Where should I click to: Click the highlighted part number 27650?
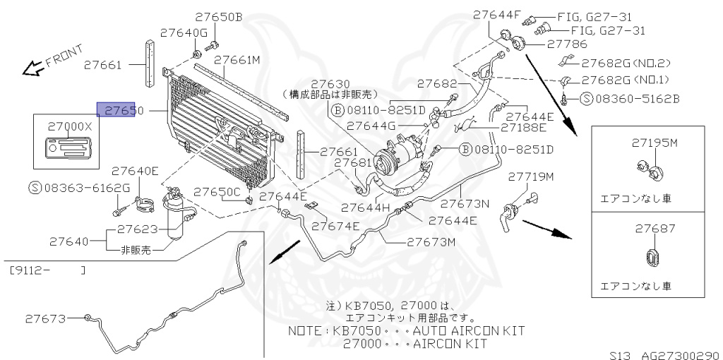tap(116, 110)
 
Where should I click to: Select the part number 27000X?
tap(70, 126)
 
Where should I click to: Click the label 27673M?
tap(431, 241)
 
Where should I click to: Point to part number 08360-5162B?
tap(630, 98)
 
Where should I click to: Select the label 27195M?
tap(654, 143)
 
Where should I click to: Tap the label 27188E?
tap(523, 128)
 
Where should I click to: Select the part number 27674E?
tap(335, 226)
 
